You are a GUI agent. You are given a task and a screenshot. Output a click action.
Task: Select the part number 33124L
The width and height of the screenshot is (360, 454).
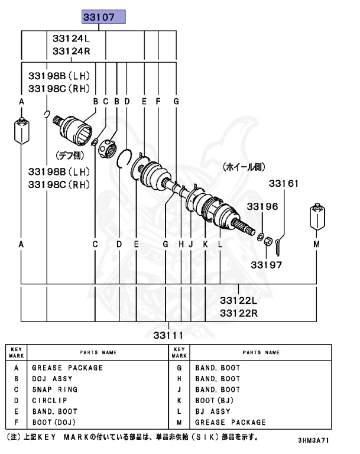[x=71, y=39]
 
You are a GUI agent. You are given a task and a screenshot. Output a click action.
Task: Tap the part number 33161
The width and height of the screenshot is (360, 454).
[x=284, y=184]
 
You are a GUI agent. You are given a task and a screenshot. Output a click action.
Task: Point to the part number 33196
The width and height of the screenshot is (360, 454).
[x=262, y=206]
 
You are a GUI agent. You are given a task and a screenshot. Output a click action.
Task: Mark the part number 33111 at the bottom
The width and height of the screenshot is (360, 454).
[x=169, y=336]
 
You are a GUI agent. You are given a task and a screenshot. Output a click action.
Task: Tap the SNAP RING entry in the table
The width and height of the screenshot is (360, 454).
[x=54, y=390]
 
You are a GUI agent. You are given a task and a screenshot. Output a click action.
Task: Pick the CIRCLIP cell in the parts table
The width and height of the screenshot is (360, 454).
[x=50, y=400]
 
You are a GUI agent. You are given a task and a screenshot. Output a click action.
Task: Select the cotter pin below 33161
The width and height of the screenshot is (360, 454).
[x=277, y=240]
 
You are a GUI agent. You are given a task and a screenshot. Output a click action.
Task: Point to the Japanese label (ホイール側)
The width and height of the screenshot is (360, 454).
[x=242, y=168]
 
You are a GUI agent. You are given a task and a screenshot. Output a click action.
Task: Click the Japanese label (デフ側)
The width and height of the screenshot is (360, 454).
[x=70, y=155]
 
